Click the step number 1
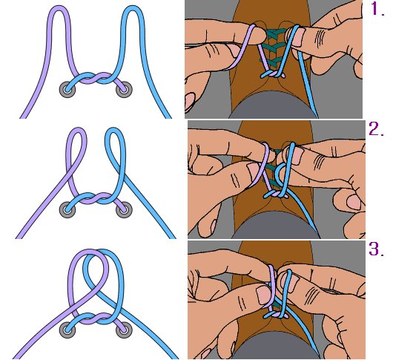(x=377, y=9)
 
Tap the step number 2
(x=376, y=129)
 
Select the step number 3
(x=376, y=249)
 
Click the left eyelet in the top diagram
(x=67, y=89)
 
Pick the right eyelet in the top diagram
(x=124, y=89)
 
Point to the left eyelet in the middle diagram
(x=67, y=209)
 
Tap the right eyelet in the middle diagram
(x=124, y=209)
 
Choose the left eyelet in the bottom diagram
(x=67, y=330)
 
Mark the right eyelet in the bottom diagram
(x=124, y=330)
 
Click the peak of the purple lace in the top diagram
(x=59, y=7)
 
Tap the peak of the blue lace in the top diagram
(x=132, y=7)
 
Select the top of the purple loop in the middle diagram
(x=77, y=129)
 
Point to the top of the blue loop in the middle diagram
(x=114, y=129)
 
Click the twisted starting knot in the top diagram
(x=96, y=78)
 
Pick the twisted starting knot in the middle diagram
(x=96, y=198)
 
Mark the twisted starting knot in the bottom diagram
(x=96, y=318)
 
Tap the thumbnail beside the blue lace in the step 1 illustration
(x=299, y=37)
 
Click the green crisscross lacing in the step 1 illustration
(x=274, y=48)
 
